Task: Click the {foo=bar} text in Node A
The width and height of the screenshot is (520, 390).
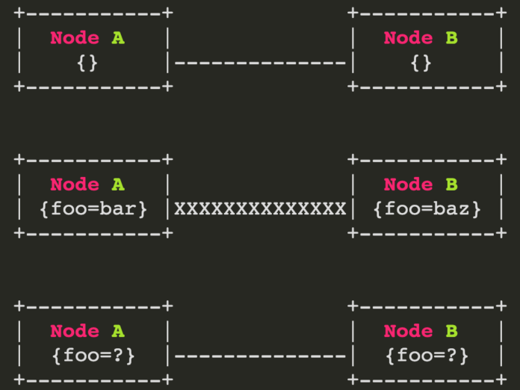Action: point(93,209)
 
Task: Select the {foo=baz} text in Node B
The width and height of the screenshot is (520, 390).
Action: point(427,209)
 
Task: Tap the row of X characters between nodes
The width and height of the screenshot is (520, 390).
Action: point(260,209)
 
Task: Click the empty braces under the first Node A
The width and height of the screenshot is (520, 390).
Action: point(87,63)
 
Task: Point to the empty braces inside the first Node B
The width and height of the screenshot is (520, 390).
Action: point(421,63)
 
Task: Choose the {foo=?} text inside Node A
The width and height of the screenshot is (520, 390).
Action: point(93,356)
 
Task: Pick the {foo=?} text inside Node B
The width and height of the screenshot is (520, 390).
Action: point(427,356)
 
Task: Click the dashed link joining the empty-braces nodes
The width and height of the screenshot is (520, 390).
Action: point(260,62)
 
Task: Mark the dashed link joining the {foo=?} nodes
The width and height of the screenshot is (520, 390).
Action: point(260,356)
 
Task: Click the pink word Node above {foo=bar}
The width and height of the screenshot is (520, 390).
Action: point(75,185)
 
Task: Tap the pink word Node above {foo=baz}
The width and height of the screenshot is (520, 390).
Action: point(408,185)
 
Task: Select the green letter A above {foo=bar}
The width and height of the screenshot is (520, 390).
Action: point(118,185)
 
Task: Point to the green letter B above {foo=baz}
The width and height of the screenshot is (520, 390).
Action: point(452,185)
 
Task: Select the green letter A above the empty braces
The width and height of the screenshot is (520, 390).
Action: point(118,38)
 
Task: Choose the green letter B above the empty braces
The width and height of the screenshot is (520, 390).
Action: point(452,38)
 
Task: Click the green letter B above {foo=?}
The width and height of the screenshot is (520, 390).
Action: point(452,331)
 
